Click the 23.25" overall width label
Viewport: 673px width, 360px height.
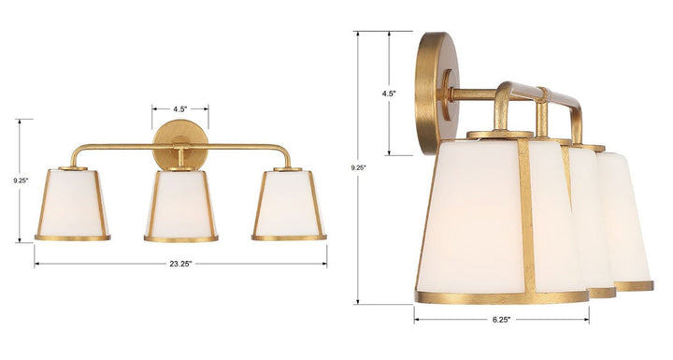pos(180,264)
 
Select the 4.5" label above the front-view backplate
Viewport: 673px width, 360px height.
pos(180,108)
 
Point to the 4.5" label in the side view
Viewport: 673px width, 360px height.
pos(389,94)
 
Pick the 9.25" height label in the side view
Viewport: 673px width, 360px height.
pos(359,167)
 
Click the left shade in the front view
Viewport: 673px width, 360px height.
pos(73,203)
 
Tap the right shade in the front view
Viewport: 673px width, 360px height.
pos(289,203)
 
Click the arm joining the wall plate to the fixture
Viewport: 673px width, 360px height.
pos(472,94)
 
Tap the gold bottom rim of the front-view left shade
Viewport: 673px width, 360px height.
pos(73,238)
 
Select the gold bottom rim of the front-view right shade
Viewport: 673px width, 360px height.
pos(289,238)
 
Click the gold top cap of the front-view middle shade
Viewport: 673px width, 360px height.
pos(180,169)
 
